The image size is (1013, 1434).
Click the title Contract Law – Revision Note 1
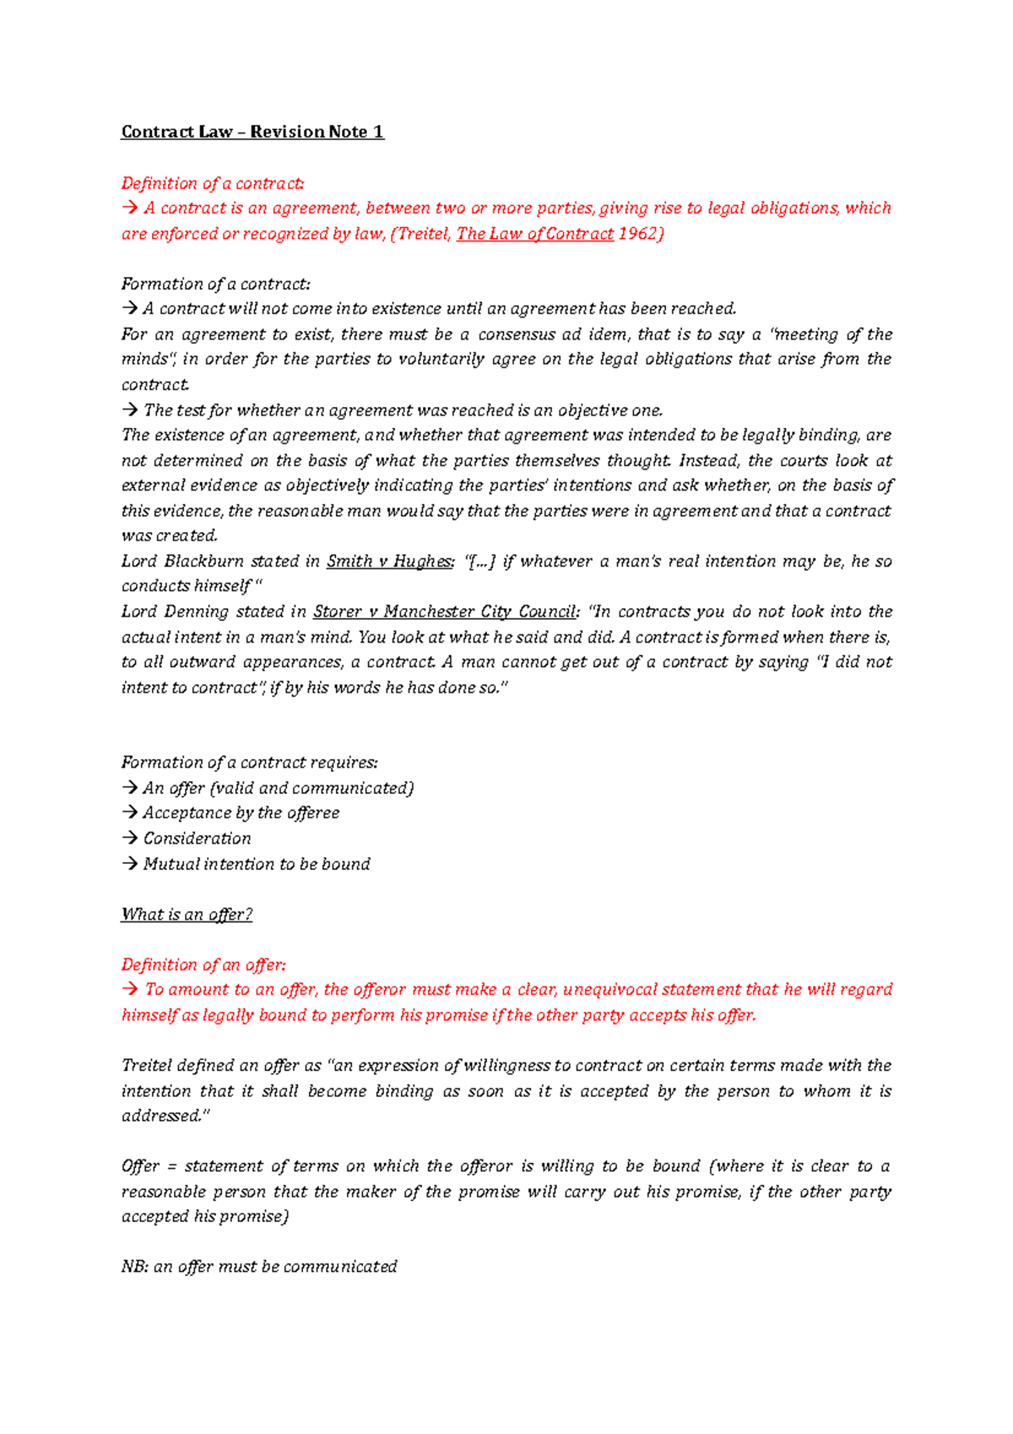(252, 132)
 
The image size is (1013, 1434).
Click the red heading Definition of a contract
(213, 183)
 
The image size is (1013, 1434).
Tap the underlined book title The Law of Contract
(534, 234)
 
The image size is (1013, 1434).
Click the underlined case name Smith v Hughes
(389, 562)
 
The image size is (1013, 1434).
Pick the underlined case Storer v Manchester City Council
(444, 611)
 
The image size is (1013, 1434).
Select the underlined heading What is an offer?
(187, 915)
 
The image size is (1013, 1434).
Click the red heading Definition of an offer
(203, 964)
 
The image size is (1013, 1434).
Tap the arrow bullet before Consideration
(129, 839)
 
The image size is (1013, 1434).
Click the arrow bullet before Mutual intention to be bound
(129, 864)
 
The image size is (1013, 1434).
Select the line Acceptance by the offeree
(241, 813)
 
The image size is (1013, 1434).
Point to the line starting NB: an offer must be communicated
(259, 1267)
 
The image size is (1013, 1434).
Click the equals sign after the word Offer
(171, 1167)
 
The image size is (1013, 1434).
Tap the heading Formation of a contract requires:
(249, 763)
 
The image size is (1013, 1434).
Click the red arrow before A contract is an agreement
(129, 209)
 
